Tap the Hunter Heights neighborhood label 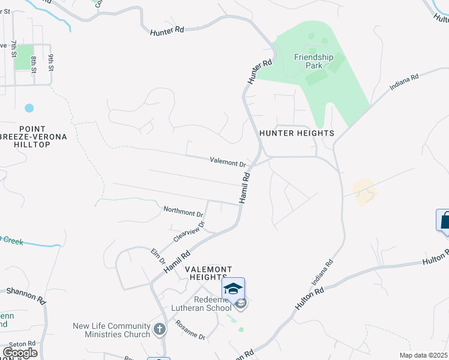pyautogui.click(x=296, y=133)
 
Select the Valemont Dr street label pyautogui.click(x=228, y=162)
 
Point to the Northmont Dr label pyautogui.click(x=184, y=212)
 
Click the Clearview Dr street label pyautogui.click(x=189, y=232)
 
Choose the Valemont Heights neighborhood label pyautogui.click(x=208, y=271)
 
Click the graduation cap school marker pyautogui.click(x=233, y=289)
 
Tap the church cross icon pyautogui.click(x=159, y=329)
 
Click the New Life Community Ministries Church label pyautogui.click(x=111, y=330)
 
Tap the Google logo pyautogui.click(x=20, y=353)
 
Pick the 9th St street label pyautogui.click(x=52, y=62)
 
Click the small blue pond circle pyautogui.click(x=29, y=109)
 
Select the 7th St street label pyautogui.click(x=13, y=49)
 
